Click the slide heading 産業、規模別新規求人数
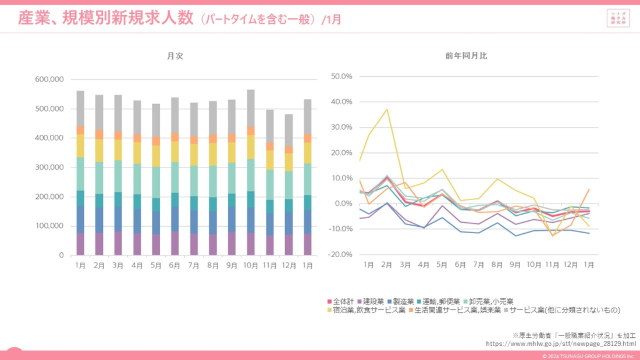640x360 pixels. [x=105, y=19]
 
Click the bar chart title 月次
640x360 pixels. [x=175, y=56]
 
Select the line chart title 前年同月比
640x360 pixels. [x=466, y=56]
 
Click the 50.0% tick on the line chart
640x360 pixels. [x=342, y=76]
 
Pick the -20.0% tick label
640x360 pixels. [x=340, y=254]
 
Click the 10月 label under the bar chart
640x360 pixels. [x=251, y=265]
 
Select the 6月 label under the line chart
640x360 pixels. [x=460, y=265]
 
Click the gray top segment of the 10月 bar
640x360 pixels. [x=251, y=108]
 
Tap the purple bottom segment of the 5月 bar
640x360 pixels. [x=156, y=244]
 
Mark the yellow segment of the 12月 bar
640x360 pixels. [x=289, y=162]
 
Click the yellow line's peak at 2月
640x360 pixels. [x=387, y=109]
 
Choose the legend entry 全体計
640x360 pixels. [x=341, y=301]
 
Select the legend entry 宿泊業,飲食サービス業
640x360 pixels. [x=366, y=310]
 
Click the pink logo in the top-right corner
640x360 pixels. [x=618, y=18]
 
